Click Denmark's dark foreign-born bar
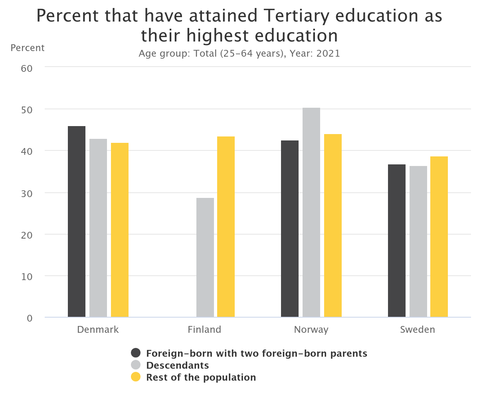tap(77, 221)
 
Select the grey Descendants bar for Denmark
tap(98, 228)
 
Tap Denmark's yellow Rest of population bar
tap(120, 230)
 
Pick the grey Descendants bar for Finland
tap(205, 257)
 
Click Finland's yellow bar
tap(226, 227)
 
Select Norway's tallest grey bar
tap(311, 212)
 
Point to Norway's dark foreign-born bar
tap(290, 229)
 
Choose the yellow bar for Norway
tap(333, 225)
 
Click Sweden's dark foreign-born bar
tap(397, 241)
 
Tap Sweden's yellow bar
tap(439, 237)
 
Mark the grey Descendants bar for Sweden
tap(418, 241)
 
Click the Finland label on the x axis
tap(204, 330)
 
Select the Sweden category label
tap(418, 330)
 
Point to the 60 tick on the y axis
tap(26, 68)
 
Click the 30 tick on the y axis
tap(26, 193)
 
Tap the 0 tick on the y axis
tap(29, 318)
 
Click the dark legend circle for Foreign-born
tap(136, 353)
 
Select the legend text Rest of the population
tap(201, 377)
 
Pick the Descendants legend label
tap(178, 365)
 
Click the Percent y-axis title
tap(28, 48)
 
